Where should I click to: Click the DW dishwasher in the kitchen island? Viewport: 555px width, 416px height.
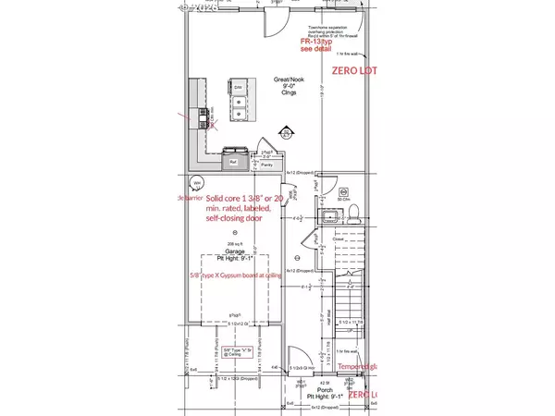[239, 88]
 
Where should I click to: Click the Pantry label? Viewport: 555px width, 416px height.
[266, 164]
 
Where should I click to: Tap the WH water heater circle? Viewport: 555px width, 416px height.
[197, 182]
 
